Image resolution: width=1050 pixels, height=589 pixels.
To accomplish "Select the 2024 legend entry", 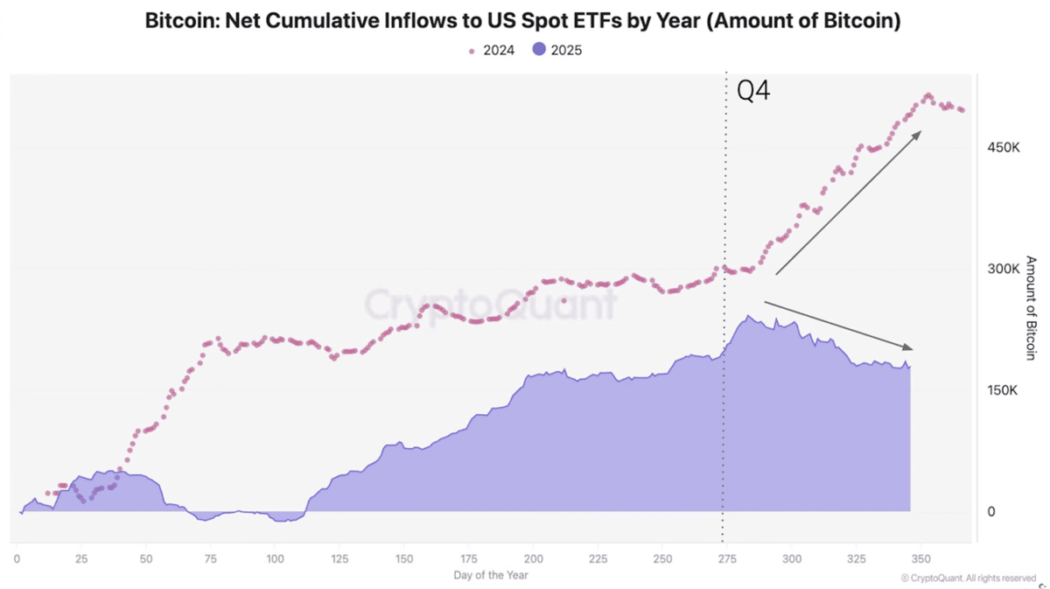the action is [x=491, y=50].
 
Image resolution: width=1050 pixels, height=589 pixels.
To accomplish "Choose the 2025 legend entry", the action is [x=556, y=50].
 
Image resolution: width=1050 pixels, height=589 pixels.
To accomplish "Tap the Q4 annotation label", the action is [x=752, y=90].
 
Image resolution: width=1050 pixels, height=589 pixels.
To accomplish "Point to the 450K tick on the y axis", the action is [x=1003, y=148].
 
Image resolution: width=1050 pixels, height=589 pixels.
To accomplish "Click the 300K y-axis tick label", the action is [x=1003, y=270].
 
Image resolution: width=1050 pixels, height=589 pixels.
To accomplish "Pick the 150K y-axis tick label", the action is [x=1002, y=390].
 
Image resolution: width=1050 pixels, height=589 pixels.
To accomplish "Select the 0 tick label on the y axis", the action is [x=990, y=512].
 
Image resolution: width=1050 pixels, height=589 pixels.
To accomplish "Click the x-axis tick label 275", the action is [x=726, y=559].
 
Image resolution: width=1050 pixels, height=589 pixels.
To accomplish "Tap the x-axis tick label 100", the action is [x=275, y=559].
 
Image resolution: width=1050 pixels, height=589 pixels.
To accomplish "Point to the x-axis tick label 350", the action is [x=920, y=559].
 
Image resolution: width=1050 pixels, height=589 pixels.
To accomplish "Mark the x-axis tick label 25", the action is [x=81, y=559].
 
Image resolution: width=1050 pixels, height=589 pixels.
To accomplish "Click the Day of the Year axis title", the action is [x=490, y=575].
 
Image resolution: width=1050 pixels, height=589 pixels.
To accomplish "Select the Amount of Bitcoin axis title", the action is [x=1031, y=308].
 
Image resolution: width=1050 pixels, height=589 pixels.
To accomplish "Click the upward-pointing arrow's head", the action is [x=916, y=136].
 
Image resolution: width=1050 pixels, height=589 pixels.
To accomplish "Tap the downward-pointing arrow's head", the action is [x=906, y=347].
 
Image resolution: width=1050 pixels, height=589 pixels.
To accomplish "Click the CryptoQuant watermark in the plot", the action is [x=490, y=305].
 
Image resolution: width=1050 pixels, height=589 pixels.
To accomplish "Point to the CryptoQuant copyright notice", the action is [x=969, y=578].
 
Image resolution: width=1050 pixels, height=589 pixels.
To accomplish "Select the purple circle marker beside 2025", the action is [x=539, y=49].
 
